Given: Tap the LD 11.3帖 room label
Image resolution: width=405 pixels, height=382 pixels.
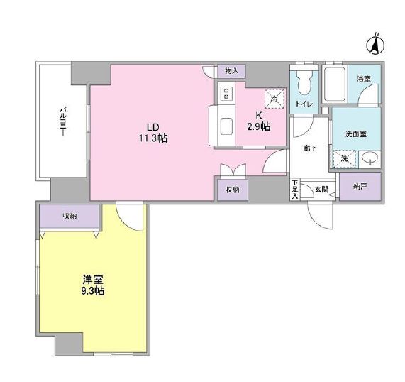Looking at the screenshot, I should [x=152, y=133].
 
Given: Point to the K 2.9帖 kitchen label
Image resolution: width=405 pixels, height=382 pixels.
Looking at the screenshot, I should [x=258, y=121].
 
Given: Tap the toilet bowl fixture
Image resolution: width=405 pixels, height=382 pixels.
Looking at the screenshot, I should [x=304, y=82].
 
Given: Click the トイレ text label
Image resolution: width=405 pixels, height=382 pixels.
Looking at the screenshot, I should [x=304, y=104].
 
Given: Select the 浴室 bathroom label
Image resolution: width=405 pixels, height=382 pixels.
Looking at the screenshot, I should [x=364, y=79].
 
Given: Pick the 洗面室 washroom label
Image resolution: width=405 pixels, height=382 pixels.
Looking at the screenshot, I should [x=355, y=133].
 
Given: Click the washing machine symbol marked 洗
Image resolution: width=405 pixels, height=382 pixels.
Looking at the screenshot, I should [x=343, y=158].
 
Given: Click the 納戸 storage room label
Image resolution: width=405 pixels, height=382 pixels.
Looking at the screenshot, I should [x=360, y=187].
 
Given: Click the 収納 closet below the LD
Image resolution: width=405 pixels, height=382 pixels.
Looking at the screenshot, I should [x=233, y=190].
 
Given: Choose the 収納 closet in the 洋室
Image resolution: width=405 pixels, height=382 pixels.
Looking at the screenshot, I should [x=69, y=215].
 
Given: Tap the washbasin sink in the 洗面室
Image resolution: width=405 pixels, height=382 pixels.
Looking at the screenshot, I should [x=369, y=158].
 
